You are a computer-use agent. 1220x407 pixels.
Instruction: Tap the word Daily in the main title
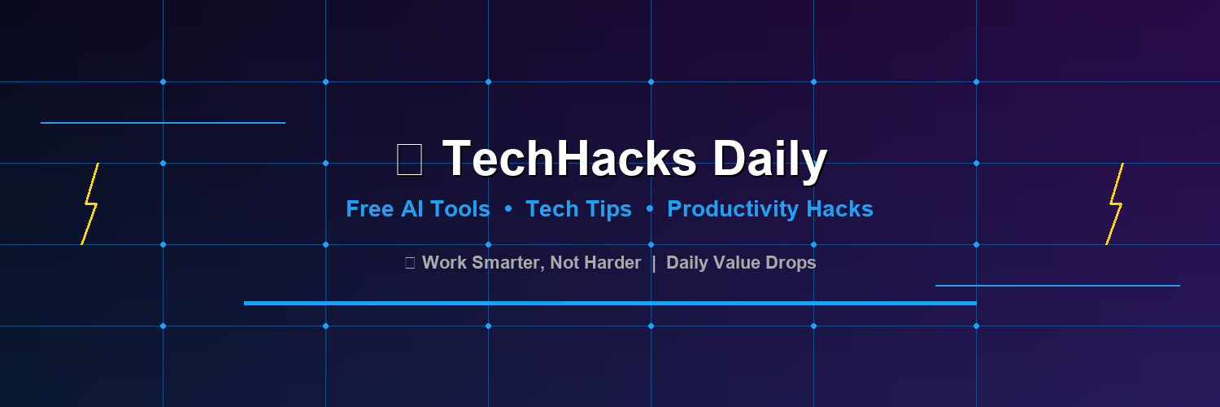[x=770, y=160]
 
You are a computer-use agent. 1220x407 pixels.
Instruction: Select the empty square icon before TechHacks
[x=409, y=159]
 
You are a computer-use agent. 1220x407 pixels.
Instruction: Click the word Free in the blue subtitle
[x=370, y=209]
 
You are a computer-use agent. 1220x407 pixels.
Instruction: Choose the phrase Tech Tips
[x=578, y=209]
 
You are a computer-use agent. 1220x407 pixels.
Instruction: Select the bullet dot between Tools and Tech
[x=508, y=209]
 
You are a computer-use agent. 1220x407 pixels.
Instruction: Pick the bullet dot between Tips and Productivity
[x=650, y=209]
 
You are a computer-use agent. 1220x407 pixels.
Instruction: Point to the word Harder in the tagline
[x=612, y=263]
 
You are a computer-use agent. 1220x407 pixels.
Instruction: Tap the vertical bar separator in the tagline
[x=654, y=263]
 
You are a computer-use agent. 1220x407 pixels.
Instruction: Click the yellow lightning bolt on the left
[x=89, y=203]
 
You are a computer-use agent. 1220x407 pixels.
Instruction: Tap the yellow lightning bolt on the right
[x=1114, y=203]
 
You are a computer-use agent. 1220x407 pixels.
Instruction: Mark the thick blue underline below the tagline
[x=610, y=303]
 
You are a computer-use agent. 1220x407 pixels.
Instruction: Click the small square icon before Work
[x=410, y=263]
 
